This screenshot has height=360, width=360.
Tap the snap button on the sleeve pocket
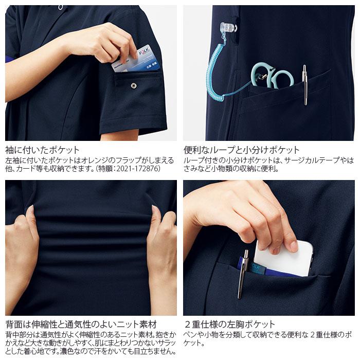click(x=134, y=85)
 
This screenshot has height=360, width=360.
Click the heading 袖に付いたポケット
click(x=43, y=150)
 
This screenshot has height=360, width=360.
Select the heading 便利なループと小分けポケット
click(x=242, y=150)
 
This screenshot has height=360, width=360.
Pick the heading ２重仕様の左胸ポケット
click(x=229, y=325)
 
